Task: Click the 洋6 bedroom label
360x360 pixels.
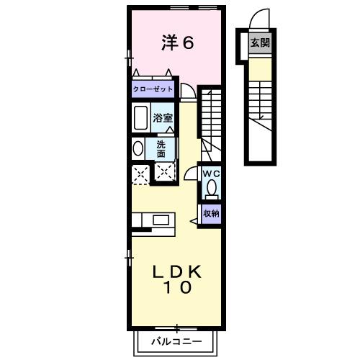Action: (x=177, y=42)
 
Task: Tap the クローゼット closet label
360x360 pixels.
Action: (x=153, y=89)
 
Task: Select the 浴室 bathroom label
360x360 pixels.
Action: (x=162, y=117)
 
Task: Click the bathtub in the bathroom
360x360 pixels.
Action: (x=140, y=117)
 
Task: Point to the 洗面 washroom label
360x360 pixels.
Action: (x=161, y=148)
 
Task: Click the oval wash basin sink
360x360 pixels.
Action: (x=138, y=148)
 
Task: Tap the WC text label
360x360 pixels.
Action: (x=210, y=175)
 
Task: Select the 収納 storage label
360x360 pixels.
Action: (x=210, y=213)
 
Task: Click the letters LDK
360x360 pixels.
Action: (x=176, y=271)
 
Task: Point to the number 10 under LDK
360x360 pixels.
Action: (x=176, y=289)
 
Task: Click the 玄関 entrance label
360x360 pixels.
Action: (x=260, y=42)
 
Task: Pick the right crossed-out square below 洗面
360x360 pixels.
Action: (x=166, y=172)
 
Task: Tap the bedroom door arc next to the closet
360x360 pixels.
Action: (x=186, y=90)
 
